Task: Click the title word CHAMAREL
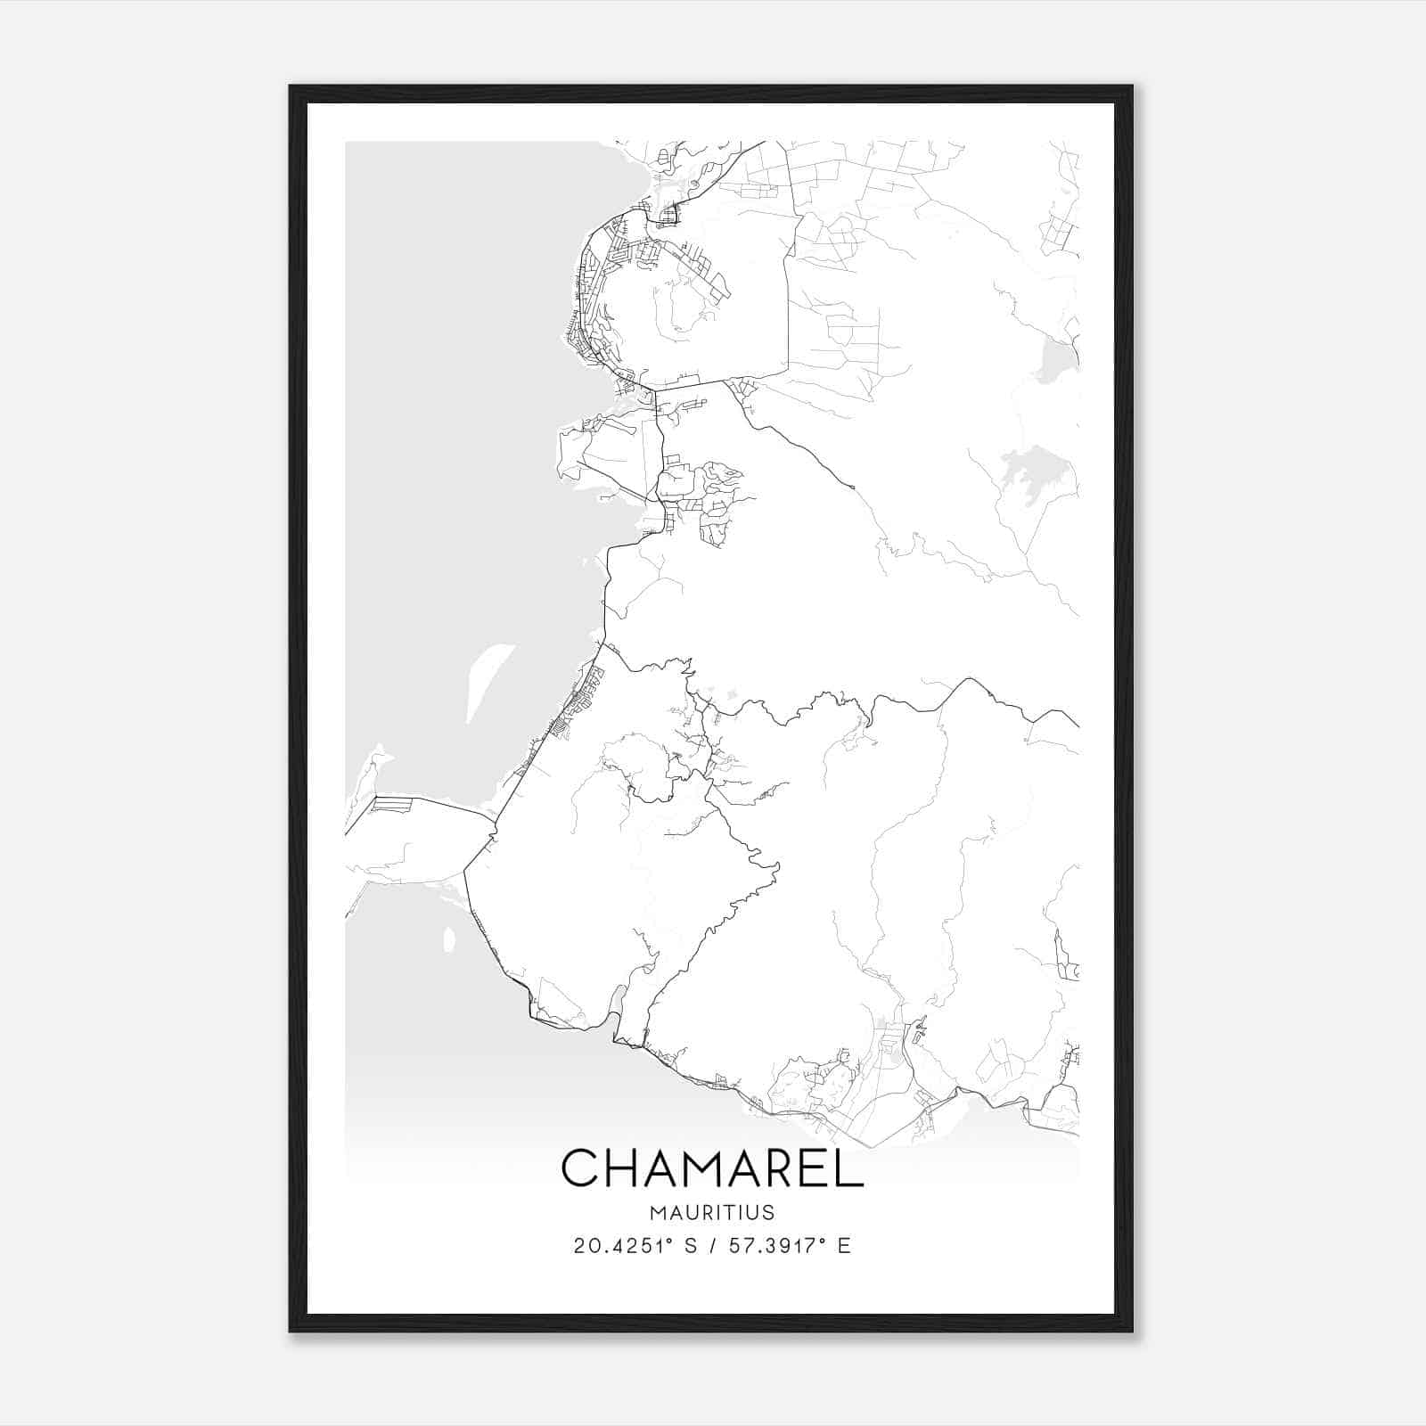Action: tap(712, 1168)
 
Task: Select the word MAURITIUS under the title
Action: tap(712, 1213)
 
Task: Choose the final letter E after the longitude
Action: tap(844, 1246)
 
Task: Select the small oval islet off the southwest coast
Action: tap(449, 938)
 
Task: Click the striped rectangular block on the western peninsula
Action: tap(393, 805)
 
